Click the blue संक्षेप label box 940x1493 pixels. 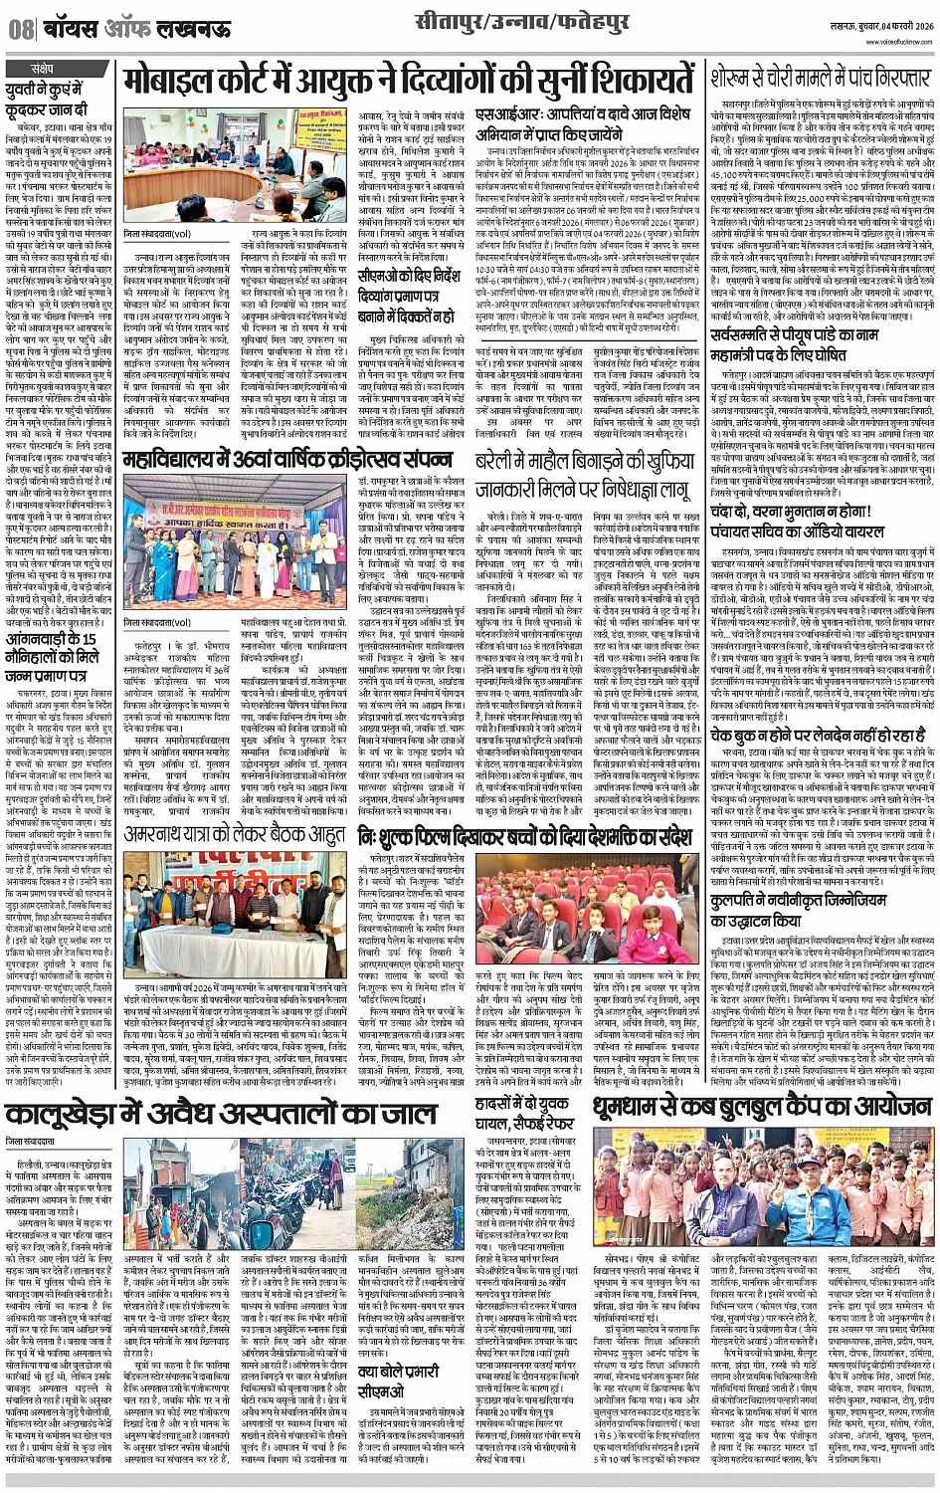43,69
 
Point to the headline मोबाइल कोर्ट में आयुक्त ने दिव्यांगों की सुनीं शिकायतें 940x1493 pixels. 408,83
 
